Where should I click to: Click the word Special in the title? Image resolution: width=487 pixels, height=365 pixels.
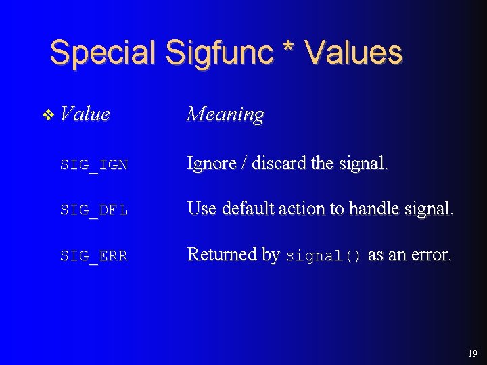[103, 53]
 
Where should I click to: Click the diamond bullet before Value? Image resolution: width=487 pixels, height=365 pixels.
[47, 116]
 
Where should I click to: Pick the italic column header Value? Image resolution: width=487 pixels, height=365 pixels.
[85, 114]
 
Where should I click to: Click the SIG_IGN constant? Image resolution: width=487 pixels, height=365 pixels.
[93, 165]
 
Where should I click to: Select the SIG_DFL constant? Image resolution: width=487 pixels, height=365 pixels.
[93, 211]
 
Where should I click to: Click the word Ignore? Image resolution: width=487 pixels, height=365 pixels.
[210, 164]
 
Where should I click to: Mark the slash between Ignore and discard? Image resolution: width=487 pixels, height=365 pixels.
[241, 164]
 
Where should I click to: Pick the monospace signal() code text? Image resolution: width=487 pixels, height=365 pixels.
[324, 256]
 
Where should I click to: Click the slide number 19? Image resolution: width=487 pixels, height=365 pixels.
[471, 353]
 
